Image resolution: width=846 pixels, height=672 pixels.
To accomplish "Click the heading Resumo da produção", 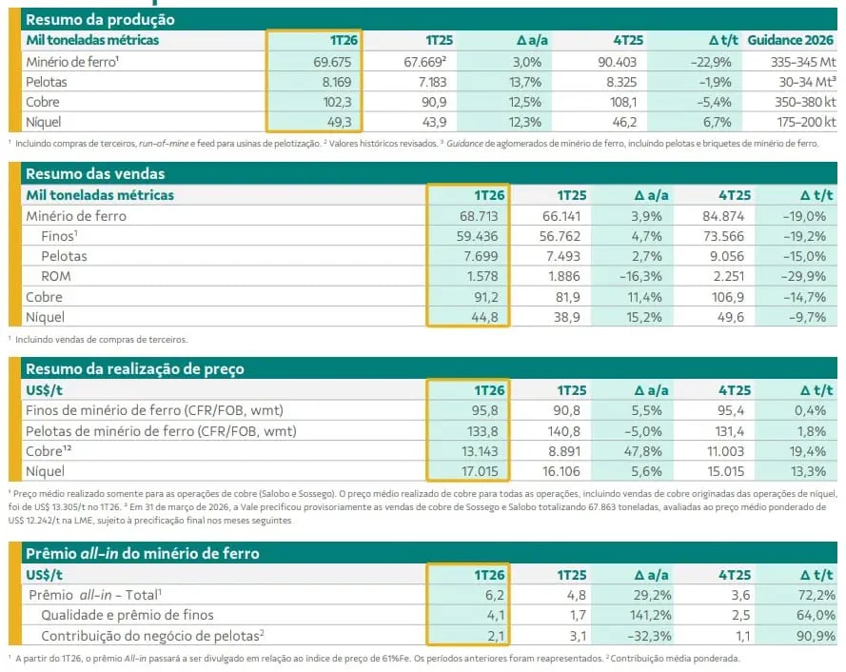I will (x=100, y=19).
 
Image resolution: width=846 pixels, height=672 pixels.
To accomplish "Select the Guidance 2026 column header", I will (x=791, y=40).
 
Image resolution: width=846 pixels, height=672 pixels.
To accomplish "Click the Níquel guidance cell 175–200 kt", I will (x=798, y=123).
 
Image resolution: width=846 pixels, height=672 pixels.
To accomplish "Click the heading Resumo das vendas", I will (x=95, y=174).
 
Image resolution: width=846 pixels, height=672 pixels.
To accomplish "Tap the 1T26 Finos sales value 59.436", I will (x=480, y=236).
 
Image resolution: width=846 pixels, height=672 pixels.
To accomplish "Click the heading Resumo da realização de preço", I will (x=135, y=368).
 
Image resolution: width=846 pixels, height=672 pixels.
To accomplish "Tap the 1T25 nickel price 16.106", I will (x=565, y=471).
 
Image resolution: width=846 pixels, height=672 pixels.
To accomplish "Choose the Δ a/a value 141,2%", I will (x=644, y=615).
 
